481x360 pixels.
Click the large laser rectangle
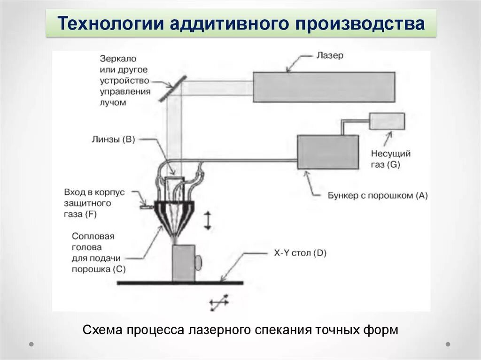pos(323,87)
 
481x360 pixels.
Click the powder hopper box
pos(327,152)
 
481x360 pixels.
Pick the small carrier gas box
pos(387,121)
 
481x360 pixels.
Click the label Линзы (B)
pos(114,139)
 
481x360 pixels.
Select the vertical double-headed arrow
pos(208,221)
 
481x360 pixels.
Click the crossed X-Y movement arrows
pos(219,303)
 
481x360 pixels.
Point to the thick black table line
pos(180,283)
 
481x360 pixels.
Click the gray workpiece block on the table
pos(184,263)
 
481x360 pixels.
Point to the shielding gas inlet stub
pos(146,205)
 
